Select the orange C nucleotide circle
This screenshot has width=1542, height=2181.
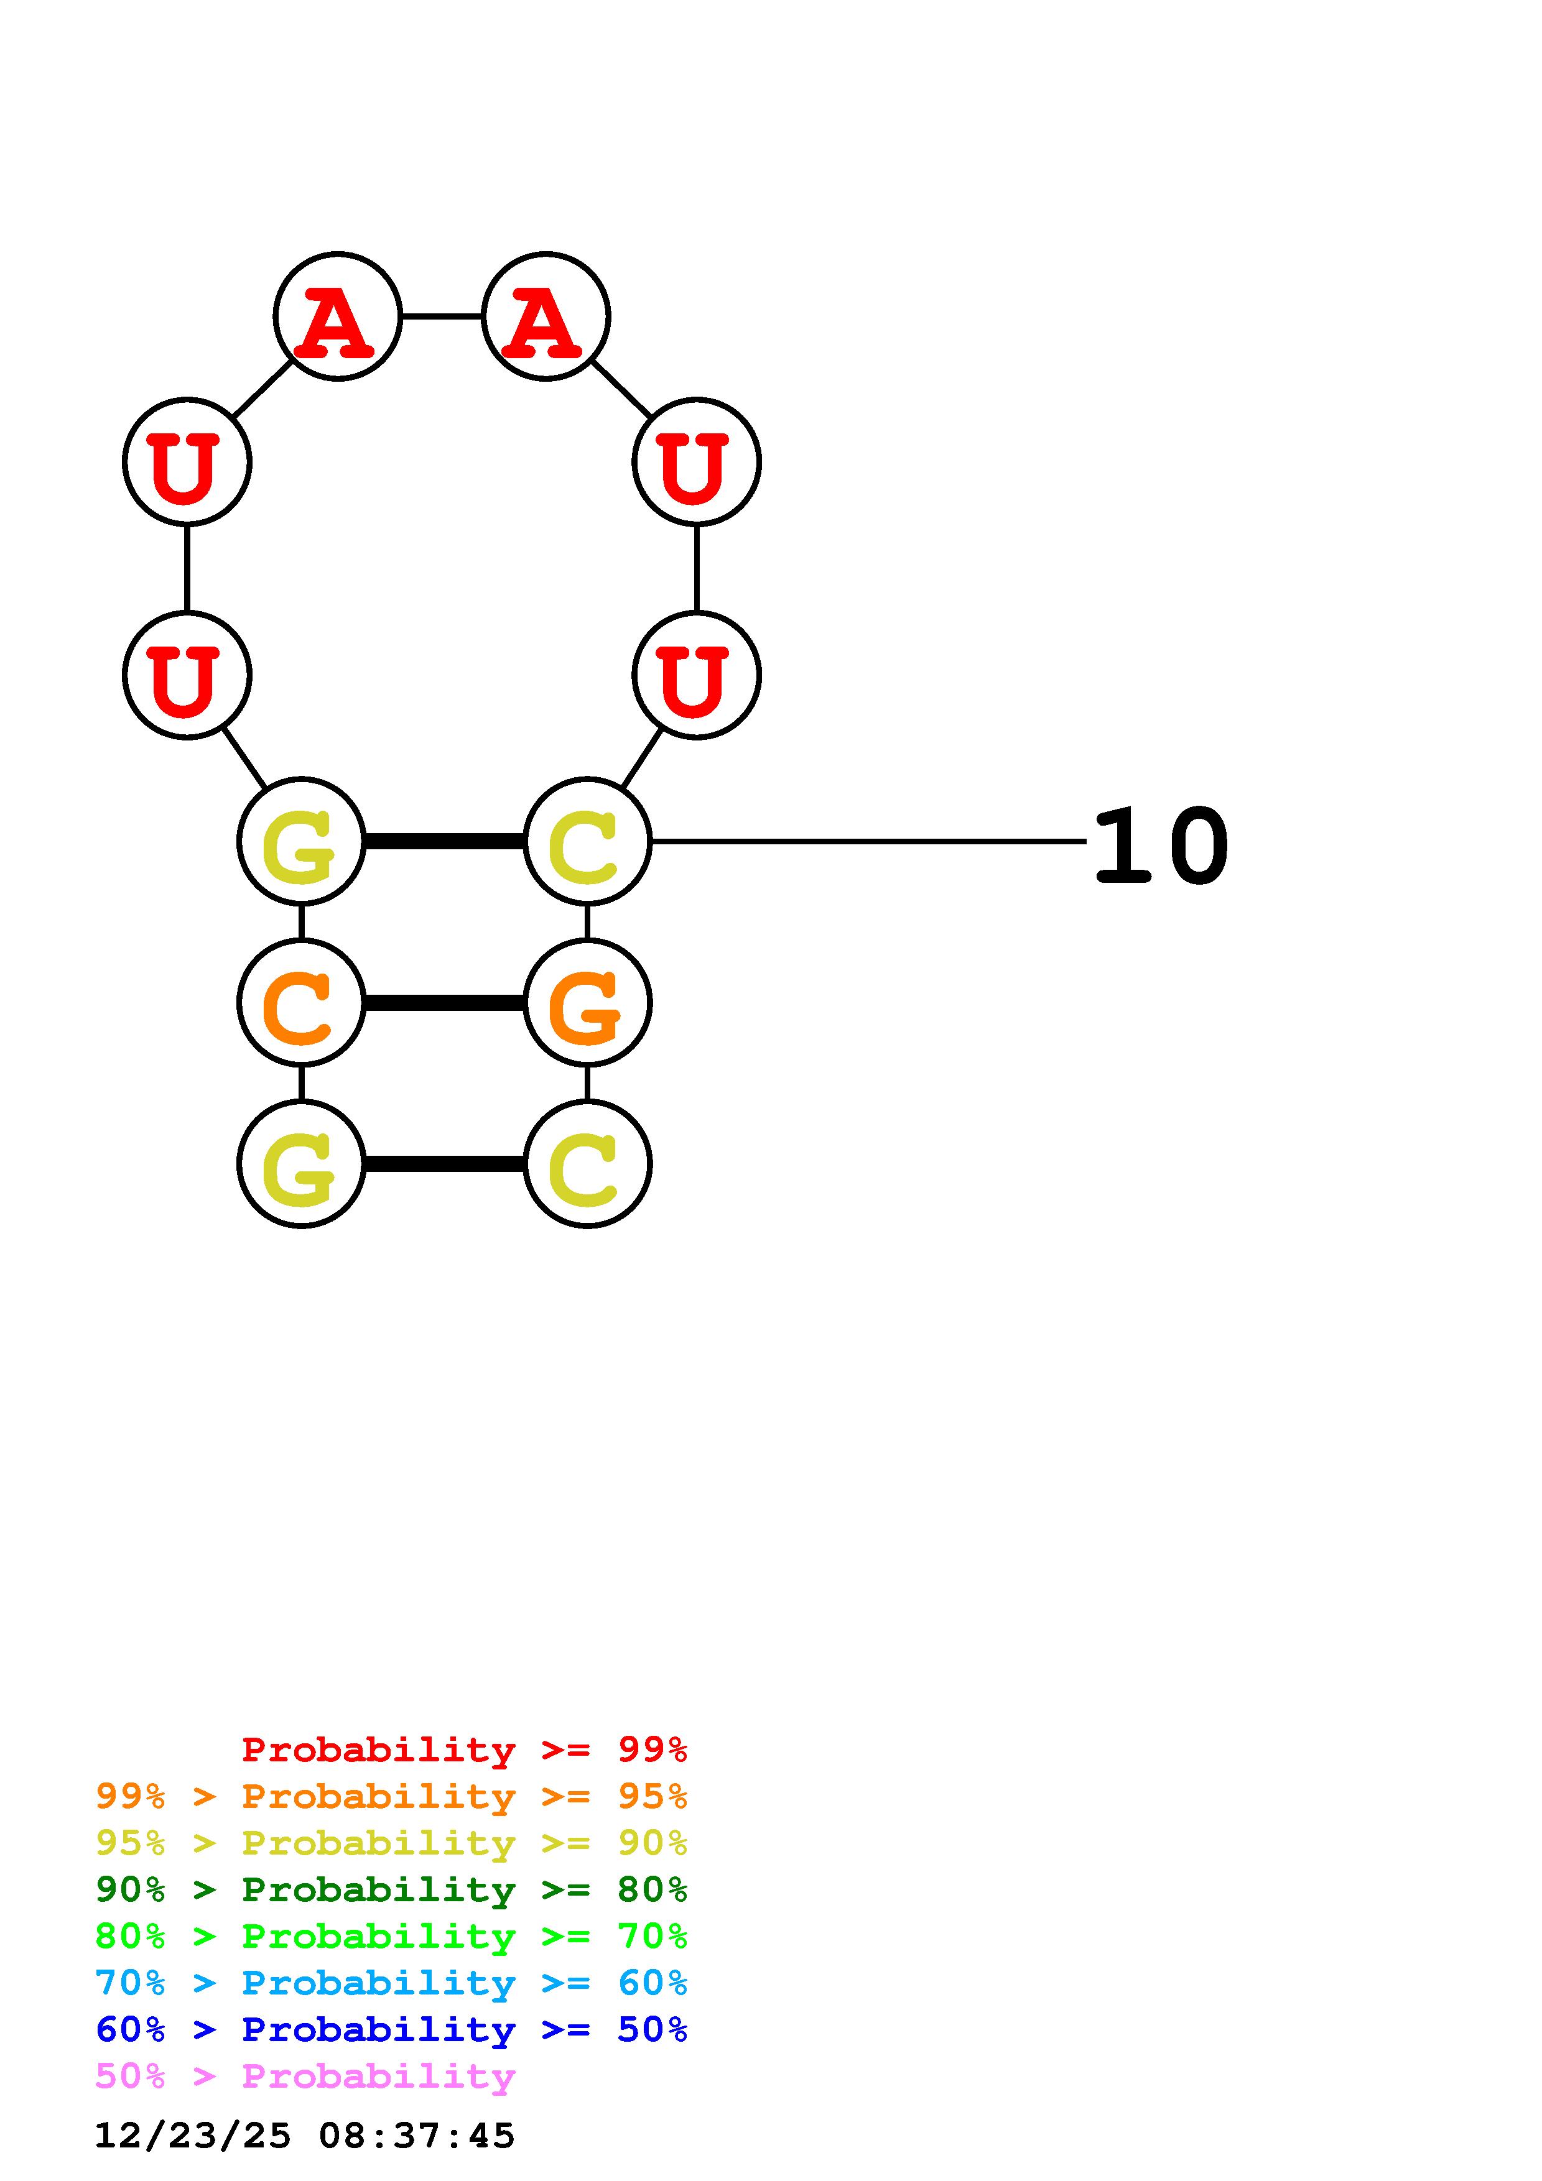301,1003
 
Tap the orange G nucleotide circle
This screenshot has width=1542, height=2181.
587,1003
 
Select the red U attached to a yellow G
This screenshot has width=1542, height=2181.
187,675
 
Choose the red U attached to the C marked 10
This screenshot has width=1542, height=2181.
697,675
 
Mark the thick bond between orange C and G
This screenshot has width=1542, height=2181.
444,1003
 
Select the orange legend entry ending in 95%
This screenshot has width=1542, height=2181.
391,1796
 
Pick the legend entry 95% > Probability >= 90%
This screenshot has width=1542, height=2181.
391,1843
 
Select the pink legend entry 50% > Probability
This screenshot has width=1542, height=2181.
305,2075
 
